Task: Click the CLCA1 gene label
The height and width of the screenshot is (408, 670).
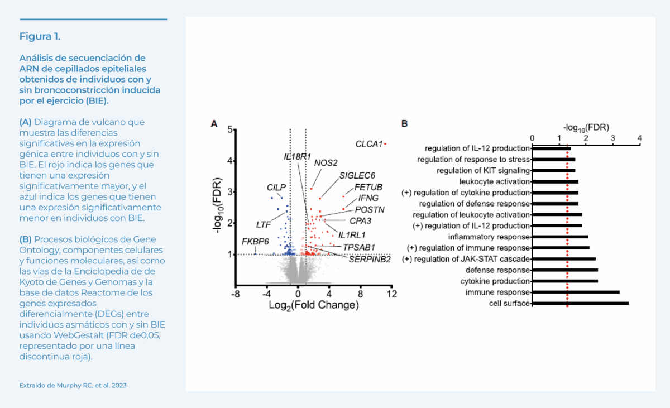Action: [x=368, y=144]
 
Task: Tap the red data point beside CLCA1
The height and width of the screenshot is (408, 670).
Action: [x=385, y=144]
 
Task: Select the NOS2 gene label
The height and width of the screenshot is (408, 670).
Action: [x=326, y=163]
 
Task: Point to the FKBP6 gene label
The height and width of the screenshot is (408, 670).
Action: [x=255, y=241]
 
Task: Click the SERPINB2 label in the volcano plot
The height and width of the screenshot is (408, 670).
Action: [x=370, y=259]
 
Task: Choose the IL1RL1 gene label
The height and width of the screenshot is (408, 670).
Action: [x=352, y=234]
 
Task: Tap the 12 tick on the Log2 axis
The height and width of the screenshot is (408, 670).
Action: [x=393, y=294]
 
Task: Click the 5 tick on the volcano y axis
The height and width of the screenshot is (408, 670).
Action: [x=229, y=129]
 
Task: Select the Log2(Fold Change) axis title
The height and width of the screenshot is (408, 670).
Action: [x=314, y=305]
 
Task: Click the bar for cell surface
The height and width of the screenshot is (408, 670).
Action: [x=580, y=304]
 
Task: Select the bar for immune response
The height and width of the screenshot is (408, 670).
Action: [x=576, y=292]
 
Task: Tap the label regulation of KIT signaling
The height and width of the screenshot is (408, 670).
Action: [x=483, y=170]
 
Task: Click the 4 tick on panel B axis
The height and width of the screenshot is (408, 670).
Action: [x=640, y=137]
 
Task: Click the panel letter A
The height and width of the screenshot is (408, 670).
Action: [x=214, y=123]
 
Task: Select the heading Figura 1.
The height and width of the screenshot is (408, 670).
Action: [x=40, y=37]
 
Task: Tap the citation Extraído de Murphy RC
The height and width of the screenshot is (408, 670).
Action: [x=69, y=385]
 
